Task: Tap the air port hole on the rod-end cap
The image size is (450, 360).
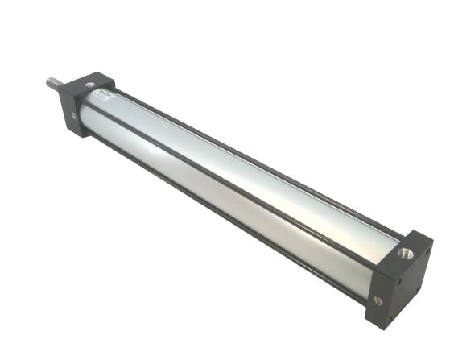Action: point(90,82)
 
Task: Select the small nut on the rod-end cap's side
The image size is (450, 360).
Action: point(74,116)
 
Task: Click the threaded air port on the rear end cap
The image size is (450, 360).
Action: point(404,254)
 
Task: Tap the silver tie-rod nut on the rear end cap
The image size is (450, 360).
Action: point(378,300)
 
